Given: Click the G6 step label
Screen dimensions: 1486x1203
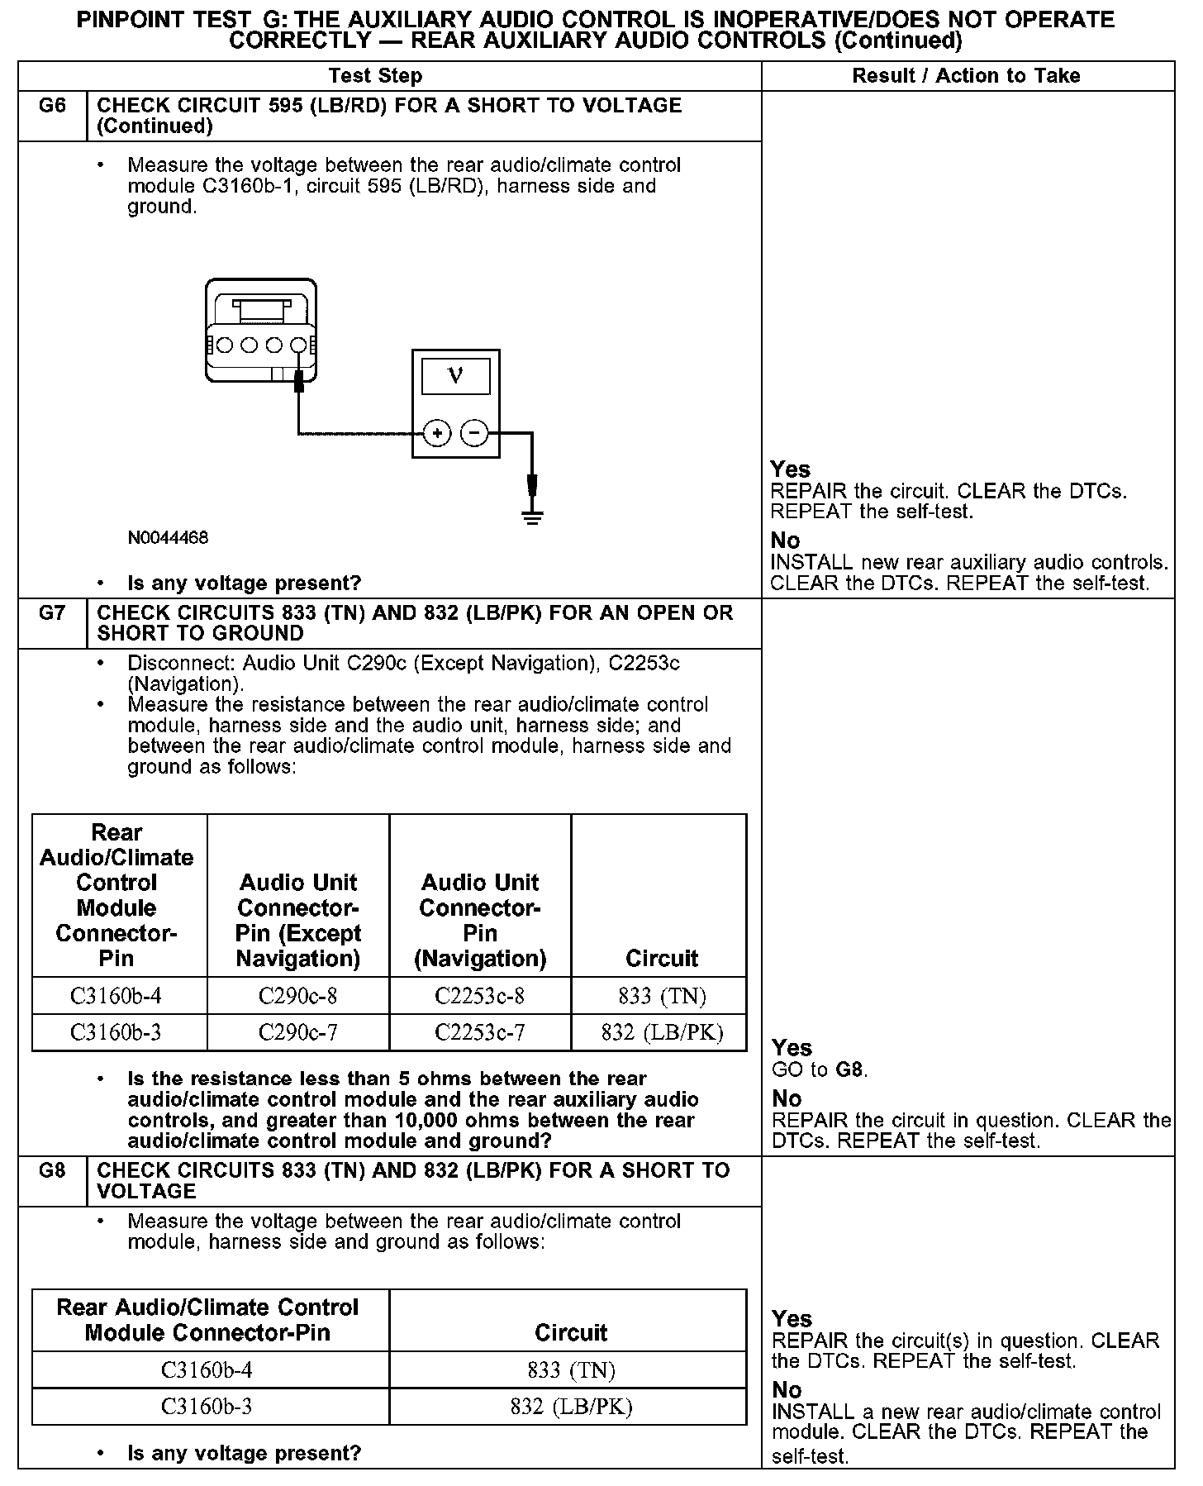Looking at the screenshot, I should (x=52, y=106).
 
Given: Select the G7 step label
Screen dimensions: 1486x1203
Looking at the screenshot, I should (x=52, y=613).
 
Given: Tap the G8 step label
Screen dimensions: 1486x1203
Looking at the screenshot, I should (x=52, y=1170).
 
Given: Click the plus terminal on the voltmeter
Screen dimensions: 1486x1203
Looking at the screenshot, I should (x=437, y=433).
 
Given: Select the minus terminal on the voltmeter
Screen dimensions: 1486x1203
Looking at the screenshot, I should (x=473, y=433).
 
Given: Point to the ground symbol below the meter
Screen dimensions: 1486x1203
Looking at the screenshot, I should (x=533, y=517).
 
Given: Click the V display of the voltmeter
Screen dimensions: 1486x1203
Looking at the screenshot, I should (x=455, y=377).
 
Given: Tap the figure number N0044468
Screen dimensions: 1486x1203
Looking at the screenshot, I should (x=168, y=538).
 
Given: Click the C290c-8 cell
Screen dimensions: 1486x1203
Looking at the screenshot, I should (x=297, y=996).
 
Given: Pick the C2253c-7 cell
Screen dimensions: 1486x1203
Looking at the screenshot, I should (x=479, y=1032).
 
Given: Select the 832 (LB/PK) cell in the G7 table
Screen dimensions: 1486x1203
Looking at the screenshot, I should (x=662, y=1032).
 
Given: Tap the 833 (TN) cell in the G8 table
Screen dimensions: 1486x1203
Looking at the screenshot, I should (x=571, y=1370).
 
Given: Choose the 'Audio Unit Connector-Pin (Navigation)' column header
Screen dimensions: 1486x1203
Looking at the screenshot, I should (x=479, y=920).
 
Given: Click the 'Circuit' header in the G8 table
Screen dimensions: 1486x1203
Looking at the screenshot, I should (x=571, y=1332).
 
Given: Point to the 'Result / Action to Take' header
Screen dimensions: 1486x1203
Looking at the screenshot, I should (x=966, y=76).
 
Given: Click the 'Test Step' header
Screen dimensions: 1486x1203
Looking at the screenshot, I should (x=375, y=76).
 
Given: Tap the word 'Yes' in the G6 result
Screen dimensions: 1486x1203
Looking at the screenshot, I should (x=791, y=469).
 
